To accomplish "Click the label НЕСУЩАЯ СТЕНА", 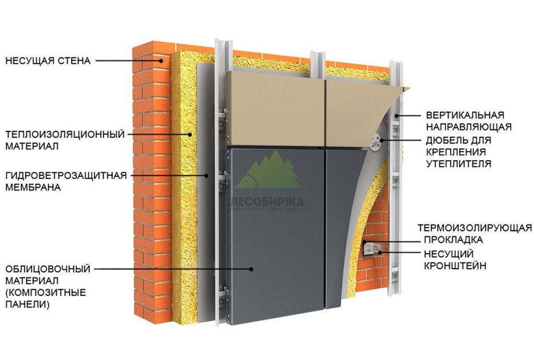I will point(48,61).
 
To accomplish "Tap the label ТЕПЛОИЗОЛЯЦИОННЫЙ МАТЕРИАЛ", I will point(65,140).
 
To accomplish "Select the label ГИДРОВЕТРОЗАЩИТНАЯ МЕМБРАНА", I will point(66,181).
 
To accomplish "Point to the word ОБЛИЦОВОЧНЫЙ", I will point(48,269).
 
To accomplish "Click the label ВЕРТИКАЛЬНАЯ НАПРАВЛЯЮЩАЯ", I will point(468,121).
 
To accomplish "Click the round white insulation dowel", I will point(374,141).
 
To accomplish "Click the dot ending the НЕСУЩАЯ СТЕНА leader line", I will point(162,61).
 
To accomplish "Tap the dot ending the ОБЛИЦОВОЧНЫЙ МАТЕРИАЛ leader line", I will point(251,269).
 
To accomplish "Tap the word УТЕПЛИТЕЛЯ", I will point(458,164).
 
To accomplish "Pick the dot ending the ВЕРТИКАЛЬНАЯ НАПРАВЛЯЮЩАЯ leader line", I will point(396,115).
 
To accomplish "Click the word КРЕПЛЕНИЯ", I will point(456,152).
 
